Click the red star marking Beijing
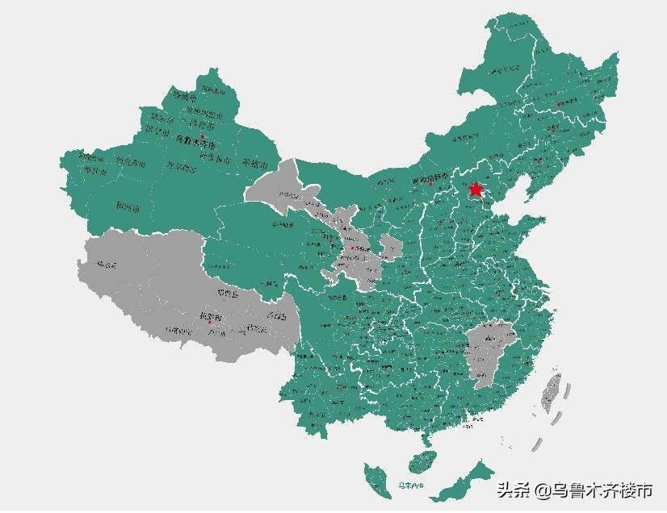tap(476, 190)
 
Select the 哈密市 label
tap(257, 165)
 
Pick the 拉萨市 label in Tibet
tap(210, 315)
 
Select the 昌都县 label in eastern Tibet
tap(276, 316)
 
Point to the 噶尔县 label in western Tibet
tap(107, 265)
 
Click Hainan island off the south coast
tap(420, 462)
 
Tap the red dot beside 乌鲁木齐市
tap(203, 137)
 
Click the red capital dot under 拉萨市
tap(209, 323)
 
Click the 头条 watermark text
tap(514, 489)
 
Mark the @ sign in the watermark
tap(542, 490)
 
